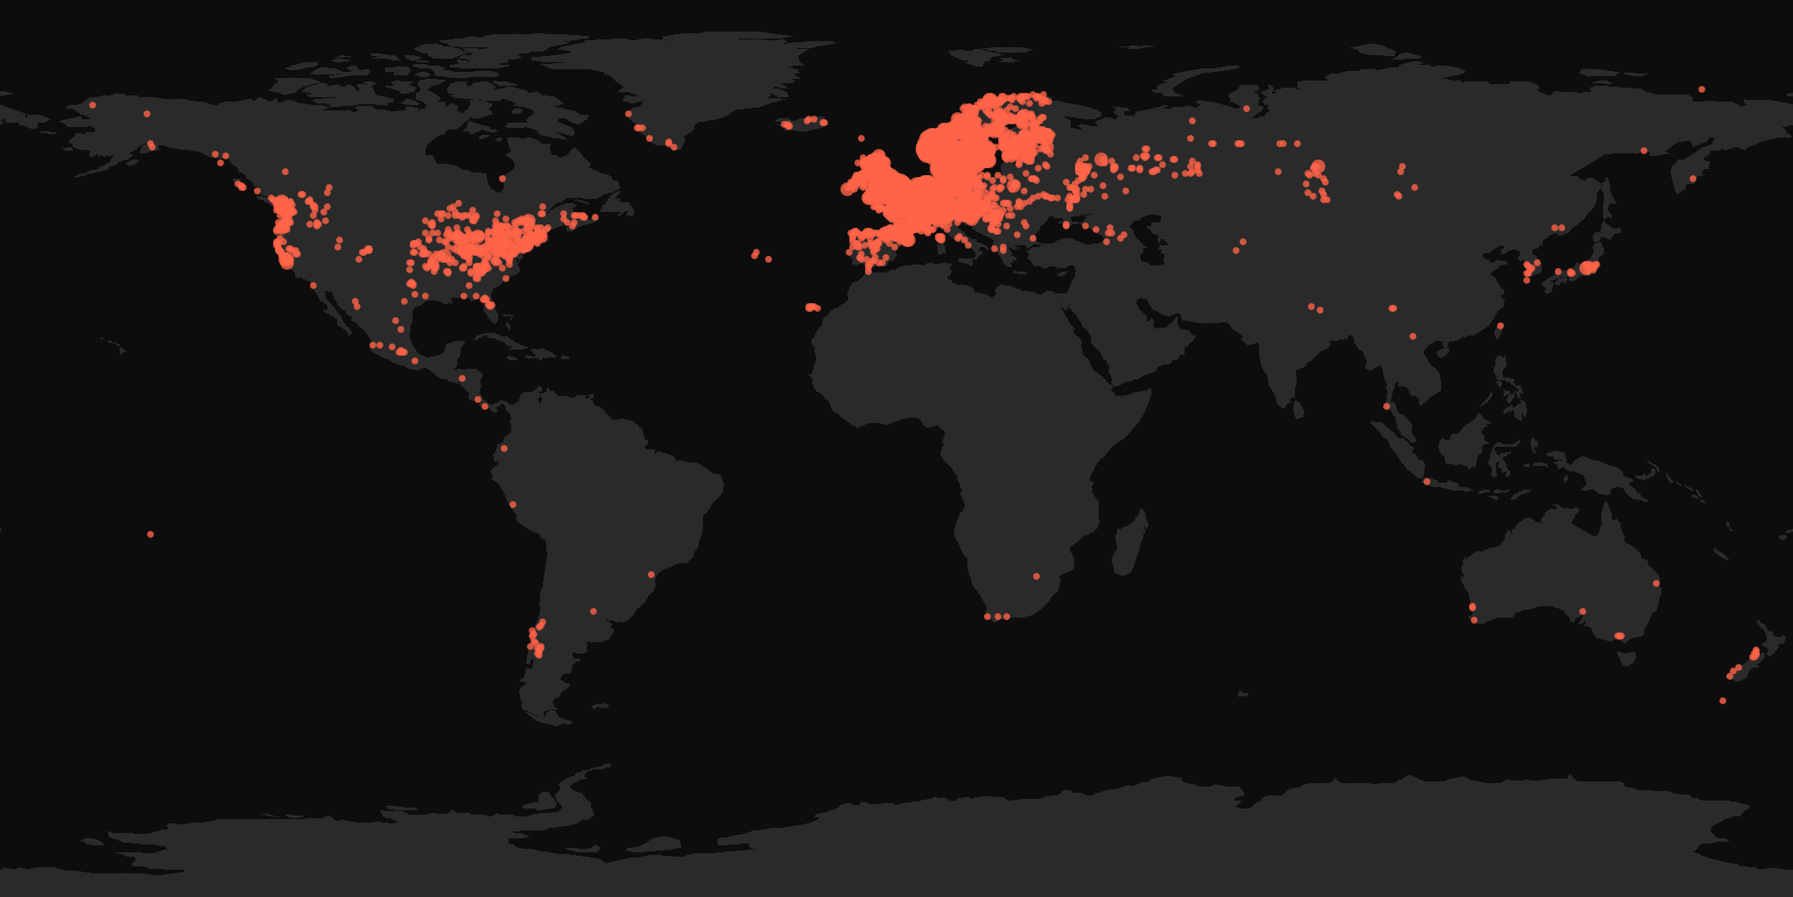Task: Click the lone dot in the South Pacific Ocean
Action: pyautogui.click(x=151, y=534)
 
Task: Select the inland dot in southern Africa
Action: pyautogui.click(x=1036, y=576)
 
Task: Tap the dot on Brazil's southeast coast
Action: pyautogui.click(x=650, y=575)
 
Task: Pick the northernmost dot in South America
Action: pyautogui.click(x=503, y=448)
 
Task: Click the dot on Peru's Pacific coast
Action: pyautogui.click(x=513, y=505)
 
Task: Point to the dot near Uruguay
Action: pyautogui.click(x=594, y=611)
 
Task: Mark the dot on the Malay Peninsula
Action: pyautogui.click(x=1387, y=406)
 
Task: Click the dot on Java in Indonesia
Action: pyautogui.click(x=1426, y=482)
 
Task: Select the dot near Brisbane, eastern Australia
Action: pyautogui.click(x=1656, y=583)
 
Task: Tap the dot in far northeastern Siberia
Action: pyautogui.click(x=1701, y=89)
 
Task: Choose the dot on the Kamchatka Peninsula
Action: pyautogui.click(x=1692, y=179)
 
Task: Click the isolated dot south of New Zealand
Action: pyautogui.click(x=1722, y=701)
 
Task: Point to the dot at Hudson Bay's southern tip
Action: pyautogui.click(x=502, y=179)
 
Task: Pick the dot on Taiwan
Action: pyautogui.click(x=1500, y=326)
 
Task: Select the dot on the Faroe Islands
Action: pyautogui.click(x=861, y=138)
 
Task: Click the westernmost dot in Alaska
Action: pyautogui.click(x=92, y=105)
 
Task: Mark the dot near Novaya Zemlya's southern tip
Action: pyautogui.click(x=1246, y=109)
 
